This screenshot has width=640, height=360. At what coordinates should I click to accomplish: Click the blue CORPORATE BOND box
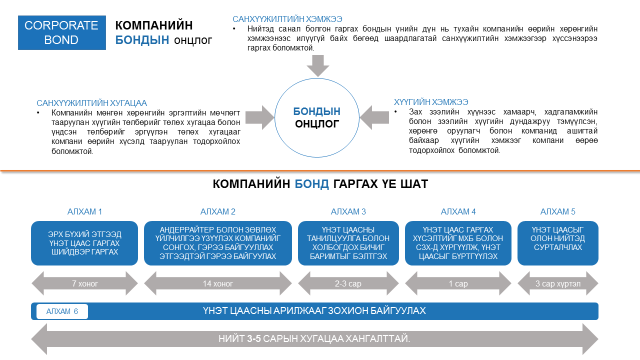[x=61, y=32]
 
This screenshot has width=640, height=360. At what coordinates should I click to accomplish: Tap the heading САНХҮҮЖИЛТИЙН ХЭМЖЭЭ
[x=287, y=19]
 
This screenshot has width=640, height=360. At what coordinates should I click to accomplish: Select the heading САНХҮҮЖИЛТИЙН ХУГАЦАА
[x=91, y=103]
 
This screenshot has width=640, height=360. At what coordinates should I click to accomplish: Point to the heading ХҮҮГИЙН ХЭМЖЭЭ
[x=431, y=102]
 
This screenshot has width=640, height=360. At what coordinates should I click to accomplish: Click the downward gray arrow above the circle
[x=317, y=65]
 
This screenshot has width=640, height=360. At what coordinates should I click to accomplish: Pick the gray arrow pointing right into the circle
[x=259, y=117]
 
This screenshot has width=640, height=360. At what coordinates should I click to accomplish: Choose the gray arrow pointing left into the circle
[x=374, y=117]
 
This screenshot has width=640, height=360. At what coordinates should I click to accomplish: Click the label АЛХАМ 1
[x=84, y=211]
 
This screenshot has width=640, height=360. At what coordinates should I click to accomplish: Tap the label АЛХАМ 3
[x=348, y=211]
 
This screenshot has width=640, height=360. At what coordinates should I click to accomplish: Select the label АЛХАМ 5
[x=557, y=211]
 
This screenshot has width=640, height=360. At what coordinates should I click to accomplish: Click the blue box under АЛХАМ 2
[x=218, y=243]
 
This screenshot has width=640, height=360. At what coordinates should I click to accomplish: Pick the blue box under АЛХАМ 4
[x=458, y=243]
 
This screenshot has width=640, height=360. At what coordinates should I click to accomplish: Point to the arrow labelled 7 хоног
[x=84, y=283]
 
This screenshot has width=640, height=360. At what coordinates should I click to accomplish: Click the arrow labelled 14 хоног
[x=218, y=283]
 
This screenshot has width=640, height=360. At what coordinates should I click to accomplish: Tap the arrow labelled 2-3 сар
[x=348, y=283]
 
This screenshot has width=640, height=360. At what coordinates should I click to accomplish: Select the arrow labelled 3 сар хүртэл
[x=557, y=283]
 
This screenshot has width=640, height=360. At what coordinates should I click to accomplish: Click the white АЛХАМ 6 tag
[x=62, y=311]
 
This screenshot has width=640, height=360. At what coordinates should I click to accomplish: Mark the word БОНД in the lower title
[x=311, y=184]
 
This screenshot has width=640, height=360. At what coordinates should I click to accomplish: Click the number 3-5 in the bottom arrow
[x=253, y=339]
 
